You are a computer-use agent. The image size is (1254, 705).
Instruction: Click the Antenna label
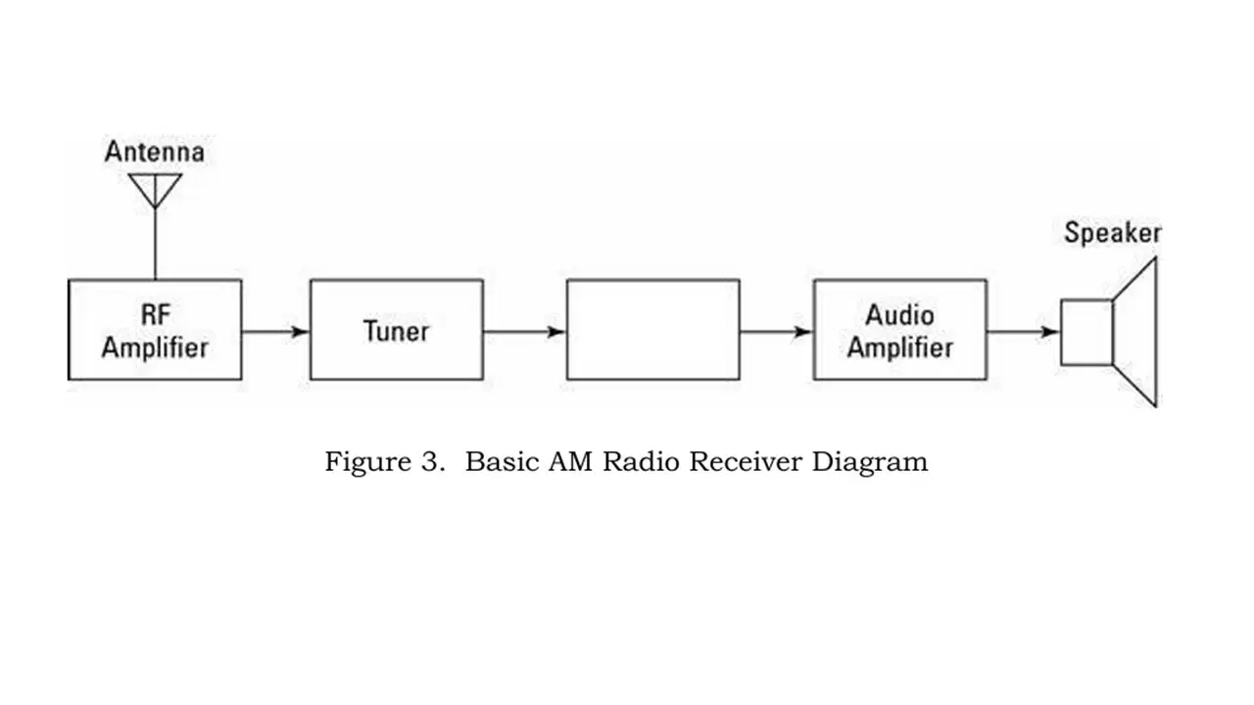click(155, 152)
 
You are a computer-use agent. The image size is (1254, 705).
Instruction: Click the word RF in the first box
click(155, 314)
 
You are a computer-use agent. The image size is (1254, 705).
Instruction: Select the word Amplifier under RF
click(155, 348)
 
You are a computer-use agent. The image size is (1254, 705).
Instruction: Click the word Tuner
click(397, 331)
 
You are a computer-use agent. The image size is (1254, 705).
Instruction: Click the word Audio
click(899, 315)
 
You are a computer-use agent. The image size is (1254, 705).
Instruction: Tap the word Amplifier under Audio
click(899, 348)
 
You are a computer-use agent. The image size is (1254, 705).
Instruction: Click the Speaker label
click(1112, 233)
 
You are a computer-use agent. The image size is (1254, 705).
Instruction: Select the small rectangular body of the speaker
click(1061, 332)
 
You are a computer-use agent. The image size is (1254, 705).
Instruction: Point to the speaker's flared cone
click(1155, 332)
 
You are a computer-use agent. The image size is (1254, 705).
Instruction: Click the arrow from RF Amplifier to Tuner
click(275, 332)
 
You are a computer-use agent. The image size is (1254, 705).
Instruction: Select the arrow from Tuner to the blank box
click(524, 332)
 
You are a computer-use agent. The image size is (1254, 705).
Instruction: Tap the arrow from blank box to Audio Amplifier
click(777, 332)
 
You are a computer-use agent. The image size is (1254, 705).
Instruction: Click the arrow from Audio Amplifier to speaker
click(1024, 332)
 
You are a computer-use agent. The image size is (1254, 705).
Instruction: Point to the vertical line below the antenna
click(155, 244)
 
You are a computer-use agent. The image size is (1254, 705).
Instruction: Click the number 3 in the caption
click(429, 462)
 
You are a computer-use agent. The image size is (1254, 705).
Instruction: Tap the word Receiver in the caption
click(747, 462)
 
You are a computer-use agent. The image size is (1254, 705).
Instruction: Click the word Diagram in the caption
click(870, 463)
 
